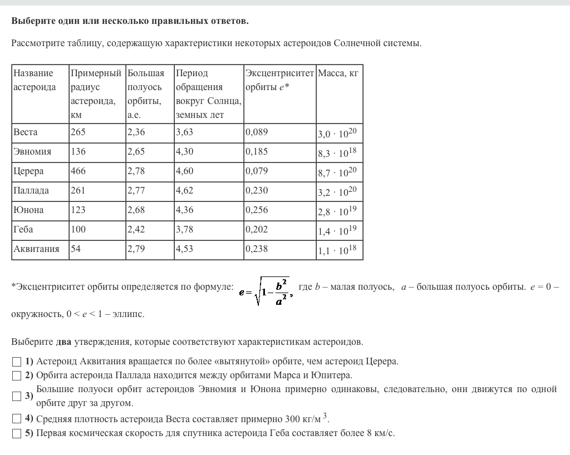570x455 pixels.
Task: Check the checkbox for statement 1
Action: [16, 362]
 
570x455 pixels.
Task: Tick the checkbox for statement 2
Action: [16, 375]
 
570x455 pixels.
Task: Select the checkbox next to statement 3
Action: [16, 396]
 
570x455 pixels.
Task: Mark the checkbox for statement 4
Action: [16, 419]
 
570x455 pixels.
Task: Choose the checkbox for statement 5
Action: [16, 433]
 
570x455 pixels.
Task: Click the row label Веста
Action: [26, 132]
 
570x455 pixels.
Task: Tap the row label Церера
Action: [28, 171]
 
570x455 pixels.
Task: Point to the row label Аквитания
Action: [36, 249]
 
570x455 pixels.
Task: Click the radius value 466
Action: [78, 171]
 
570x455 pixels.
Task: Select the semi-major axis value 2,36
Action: [136, 132]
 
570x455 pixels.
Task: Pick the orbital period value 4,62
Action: [184, 191]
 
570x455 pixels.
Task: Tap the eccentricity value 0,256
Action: [257, 210]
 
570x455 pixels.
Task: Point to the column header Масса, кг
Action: [338, 73]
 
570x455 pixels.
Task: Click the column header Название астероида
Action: [35, 80]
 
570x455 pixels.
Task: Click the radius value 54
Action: [75, 249]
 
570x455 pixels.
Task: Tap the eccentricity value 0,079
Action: [257, 171]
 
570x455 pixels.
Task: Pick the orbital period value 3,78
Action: [184, 230]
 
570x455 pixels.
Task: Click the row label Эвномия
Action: [32, 152]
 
